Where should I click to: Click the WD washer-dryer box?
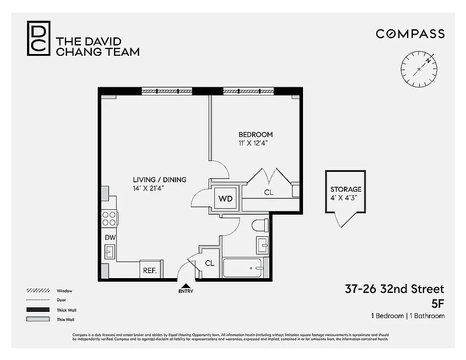[226, 198]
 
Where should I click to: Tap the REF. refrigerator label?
[149, 271]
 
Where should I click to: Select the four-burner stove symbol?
[109, 218]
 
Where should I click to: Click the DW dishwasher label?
[110, 237]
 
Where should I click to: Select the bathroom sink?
[262, 246]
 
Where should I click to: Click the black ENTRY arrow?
[186, 285]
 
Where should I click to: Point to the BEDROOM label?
[255, 135]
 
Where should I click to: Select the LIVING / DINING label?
[159, 180]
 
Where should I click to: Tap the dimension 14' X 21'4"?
[148, 188]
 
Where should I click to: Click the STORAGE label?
[346, 189]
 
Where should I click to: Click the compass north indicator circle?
[419, 69]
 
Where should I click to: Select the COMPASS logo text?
[410, 34]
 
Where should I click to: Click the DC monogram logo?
[38, 38]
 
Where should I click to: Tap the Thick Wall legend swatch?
[38, 310]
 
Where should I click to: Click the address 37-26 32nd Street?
[394, 289]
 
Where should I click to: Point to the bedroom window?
[249, 91]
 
